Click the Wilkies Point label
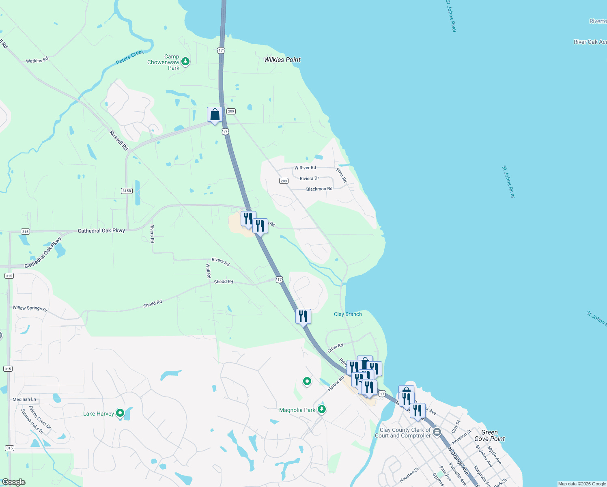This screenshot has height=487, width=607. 282,60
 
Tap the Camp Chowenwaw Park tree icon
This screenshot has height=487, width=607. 185,62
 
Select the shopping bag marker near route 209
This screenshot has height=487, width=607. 215,115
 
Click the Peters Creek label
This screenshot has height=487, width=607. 130,57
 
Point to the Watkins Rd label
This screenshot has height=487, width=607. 37,60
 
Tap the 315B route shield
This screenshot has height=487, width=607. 127,191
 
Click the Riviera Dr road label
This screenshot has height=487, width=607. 309,179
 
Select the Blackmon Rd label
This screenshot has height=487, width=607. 319,189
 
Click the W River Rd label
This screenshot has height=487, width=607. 305,168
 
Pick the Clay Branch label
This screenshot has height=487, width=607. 348,314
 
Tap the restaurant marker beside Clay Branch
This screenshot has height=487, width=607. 303,316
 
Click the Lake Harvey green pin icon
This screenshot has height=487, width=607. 120,413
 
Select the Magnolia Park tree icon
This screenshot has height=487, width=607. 322,409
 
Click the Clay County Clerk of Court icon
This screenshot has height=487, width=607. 437,432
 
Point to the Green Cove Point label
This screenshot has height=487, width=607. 489,435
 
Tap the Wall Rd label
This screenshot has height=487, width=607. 209,271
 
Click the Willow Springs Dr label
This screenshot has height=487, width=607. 30,309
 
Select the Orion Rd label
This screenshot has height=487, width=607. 335,348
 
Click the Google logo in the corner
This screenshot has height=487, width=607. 13,482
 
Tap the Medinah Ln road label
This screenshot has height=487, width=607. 24,399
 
